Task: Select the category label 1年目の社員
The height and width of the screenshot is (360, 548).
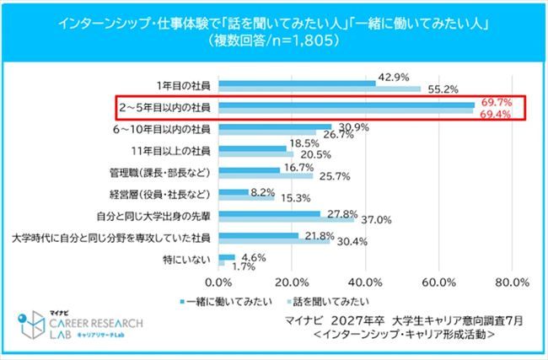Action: (x=185, y=85)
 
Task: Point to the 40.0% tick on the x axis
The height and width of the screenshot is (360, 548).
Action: (x=365, y=282)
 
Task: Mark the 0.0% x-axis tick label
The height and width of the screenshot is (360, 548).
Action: (x=219, y=282)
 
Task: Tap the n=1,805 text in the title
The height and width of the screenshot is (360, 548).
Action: (x=297, y=40)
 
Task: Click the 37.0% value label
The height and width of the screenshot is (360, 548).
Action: (x=376, y=220)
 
